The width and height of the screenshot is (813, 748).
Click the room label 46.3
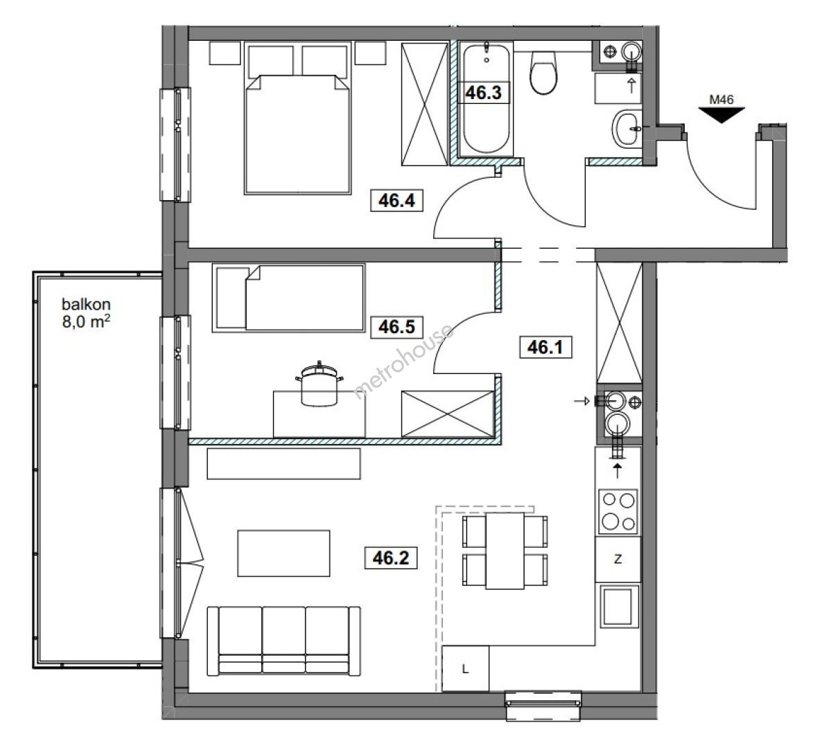(483, 93)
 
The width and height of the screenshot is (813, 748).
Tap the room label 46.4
(396, 200)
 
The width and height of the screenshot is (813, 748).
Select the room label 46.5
(396, 327)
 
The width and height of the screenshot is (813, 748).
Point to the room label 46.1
(545, 347)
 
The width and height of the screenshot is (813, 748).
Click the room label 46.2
(391, 558)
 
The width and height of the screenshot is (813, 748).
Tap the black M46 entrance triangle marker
(722, 115)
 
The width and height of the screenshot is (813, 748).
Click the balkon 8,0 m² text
(86, 313)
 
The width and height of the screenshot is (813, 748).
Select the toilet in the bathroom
(543, 73)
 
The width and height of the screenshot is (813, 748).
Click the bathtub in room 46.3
(486, 99)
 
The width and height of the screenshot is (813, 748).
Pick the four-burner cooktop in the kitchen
(618, 511)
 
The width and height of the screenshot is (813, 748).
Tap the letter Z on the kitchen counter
(618, 560)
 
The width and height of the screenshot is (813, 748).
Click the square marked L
(466, 669)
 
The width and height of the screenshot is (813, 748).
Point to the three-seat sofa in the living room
(283, 641)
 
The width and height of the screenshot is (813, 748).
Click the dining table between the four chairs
(505, 551)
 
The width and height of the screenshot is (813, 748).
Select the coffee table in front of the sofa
(283, 553)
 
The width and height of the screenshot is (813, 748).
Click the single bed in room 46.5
(288, 298)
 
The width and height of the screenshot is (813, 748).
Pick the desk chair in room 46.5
(319, 386)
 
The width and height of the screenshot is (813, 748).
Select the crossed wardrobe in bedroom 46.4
(425, 104)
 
